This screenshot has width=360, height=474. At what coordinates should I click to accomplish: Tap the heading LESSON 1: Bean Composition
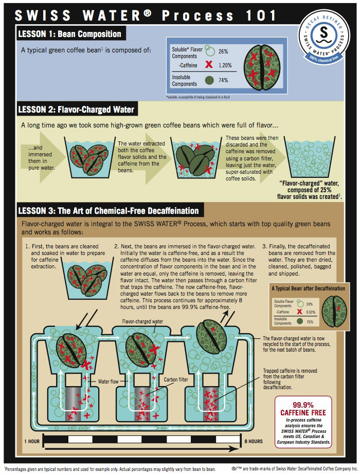[69, 34]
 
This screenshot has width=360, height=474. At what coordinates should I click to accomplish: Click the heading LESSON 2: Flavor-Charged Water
[76, 109]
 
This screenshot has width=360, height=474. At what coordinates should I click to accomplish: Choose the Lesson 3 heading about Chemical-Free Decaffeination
[108, 210]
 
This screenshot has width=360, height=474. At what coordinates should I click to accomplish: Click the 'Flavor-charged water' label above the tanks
[142, 321]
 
